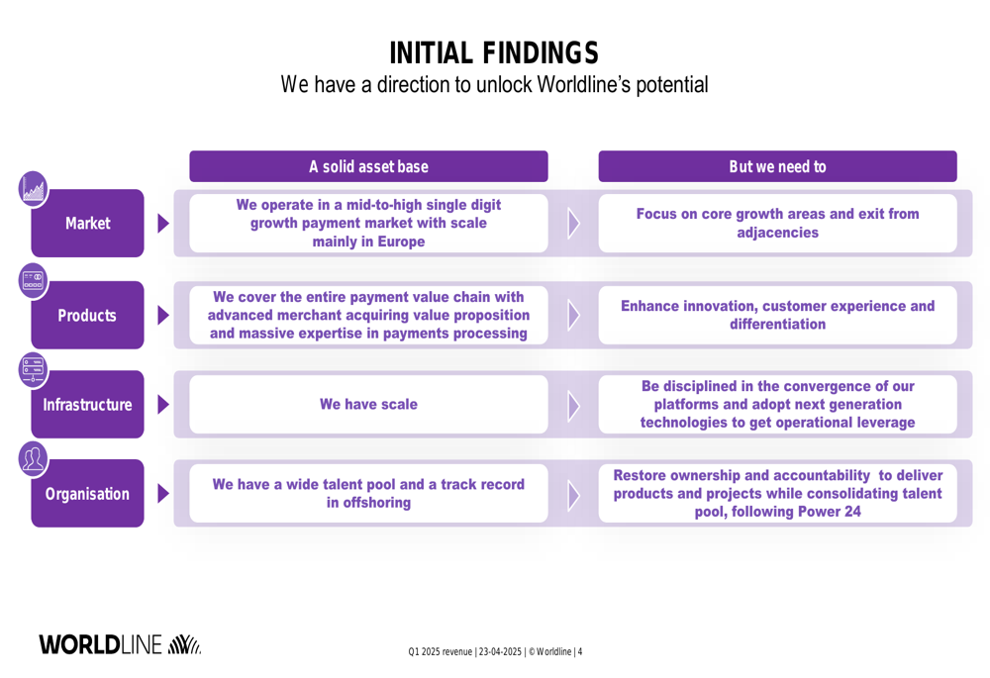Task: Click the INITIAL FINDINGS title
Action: pyautogui.click(x=494, y=53)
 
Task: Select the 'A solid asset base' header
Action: pyautogui.click(x=368, y=166)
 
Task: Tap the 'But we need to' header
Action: pyautogui.click(x=778, y=166)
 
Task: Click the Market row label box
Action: pyautogui.click(x=88, y=223)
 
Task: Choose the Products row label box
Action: pyautogui.click(x=88, y=315)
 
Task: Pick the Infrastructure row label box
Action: pyautogui.click(x=88, y=404)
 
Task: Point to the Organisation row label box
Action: pyautogui.click(x=88, y=493)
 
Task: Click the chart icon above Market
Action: pyautogui.click(x=34, y=189)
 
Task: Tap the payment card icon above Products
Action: pyautogui.click(x=34, y=281)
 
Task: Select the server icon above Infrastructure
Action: pyautogui.click(x=34, y=370)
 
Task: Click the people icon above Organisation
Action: pyautogui.click(x=34, y=459)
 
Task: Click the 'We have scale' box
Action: pyautogui.click(x=368, y=404)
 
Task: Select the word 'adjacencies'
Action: pyautogui.click(x=778, y=233)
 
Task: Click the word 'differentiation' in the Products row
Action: pyautogui.click(x=778, y=325)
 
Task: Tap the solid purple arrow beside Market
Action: pyautogui.click(x=163, y=223)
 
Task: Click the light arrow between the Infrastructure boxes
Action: pyautogui.click(x=573, y=406)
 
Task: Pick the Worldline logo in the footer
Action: pyautogui.click(x=120, y=644)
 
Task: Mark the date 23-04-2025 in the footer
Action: pyautogui.click(x=500, y=652)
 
